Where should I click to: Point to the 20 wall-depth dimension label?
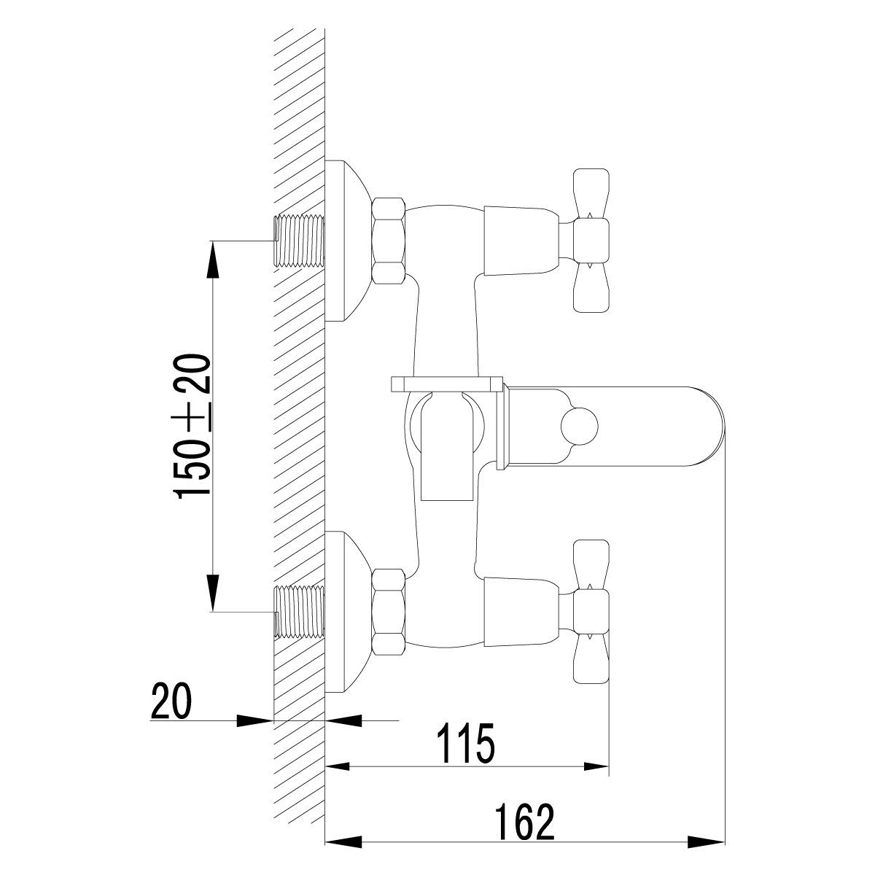(171, 701)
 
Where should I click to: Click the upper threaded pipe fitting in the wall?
(299, 241)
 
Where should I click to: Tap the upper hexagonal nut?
(388, 241)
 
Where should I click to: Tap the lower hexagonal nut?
(388, 612)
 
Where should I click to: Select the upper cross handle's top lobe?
(591, 193)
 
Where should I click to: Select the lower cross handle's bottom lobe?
(591, 658)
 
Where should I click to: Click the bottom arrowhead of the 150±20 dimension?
(212, 594)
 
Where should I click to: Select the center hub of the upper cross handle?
(591, 241)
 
